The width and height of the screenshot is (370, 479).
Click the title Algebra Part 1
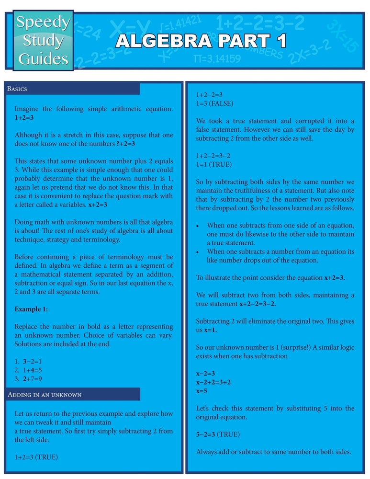(x=201, y=41)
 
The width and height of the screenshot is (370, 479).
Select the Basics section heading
(x=17, y=89)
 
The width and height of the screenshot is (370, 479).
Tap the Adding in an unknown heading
(x=45, y=394)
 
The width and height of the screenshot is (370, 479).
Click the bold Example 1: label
(x=31, y=309)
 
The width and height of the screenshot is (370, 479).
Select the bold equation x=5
(x=202, y=391)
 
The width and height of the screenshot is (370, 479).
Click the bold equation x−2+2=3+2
(x=214, y=382)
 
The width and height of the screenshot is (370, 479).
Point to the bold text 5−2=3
(x=205, y=434)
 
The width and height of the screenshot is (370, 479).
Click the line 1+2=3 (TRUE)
(x=36, y=457)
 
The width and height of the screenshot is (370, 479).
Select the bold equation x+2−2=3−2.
(x=258, y=304)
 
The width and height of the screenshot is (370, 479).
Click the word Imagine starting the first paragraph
(x=26, y=109)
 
